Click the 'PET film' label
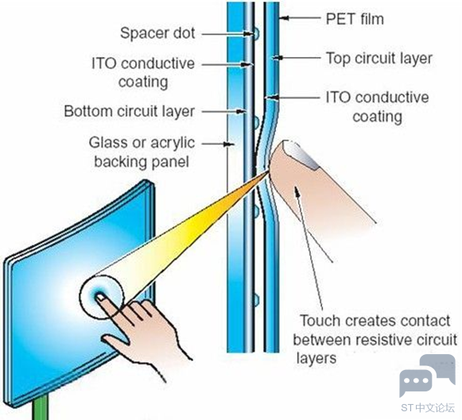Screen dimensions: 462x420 coord(355,19)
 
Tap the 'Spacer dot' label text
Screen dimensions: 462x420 coord(157,33)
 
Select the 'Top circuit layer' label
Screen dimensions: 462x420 coord(379,58)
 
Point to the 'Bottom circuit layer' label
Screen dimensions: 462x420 coord(130,111)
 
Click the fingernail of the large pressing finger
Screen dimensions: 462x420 coord(301,154)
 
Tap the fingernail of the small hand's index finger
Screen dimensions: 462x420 coord(100,298)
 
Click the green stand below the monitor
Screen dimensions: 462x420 coord(41,407)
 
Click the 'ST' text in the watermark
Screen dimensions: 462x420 coord(407,408)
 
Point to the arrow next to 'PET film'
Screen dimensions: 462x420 coord(299,18)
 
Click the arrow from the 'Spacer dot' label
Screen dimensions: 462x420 coord(227,34)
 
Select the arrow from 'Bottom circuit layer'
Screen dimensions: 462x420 coord(223,111)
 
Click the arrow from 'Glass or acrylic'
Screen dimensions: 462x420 coord(218,144)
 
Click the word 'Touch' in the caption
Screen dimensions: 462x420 coord(320,321)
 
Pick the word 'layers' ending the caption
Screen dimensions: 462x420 coord(316,359)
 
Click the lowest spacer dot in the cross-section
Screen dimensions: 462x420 coord(256,299)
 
